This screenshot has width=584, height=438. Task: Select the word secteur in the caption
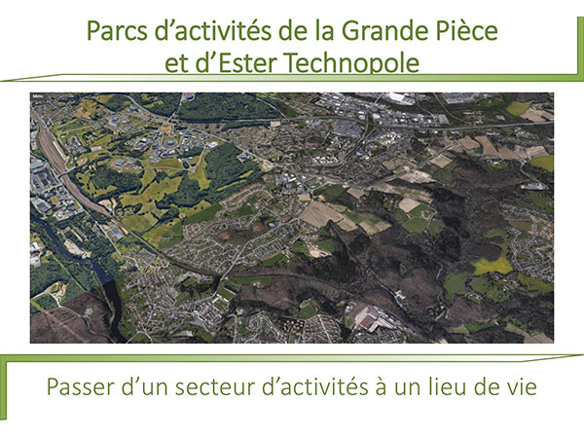click(x=215, y=387)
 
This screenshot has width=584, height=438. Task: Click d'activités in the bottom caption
click(x=314, y=387)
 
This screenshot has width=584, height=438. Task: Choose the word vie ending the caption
click(x=522, y=387)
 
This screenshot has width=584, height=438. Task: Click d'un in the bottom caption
click(x=144, y=387)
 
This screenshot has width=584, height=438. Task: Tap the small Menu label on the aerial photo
click(x=37, y=96)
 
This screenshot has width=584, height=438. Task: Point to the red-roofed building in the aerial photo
click(x=370, y=319)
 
